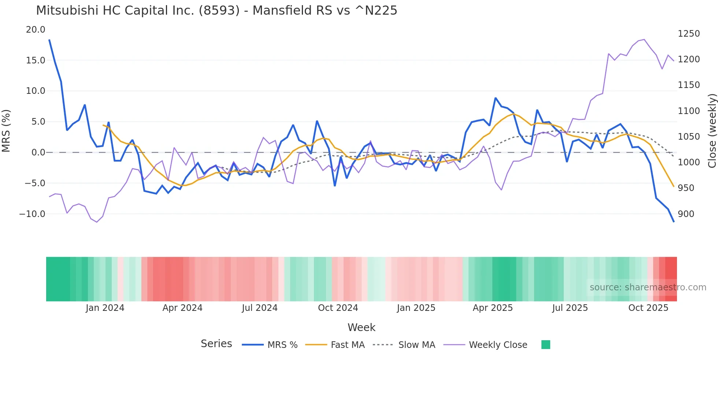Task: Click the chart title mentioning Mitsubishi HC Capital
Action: point(216,11)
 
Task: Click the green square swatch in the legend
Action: point(545,345)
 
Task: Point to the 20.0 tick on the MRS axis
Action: point(36,30)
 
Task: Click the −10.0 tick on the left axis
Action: point(32,214)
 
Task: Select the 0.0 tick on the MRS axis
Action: point(38,153)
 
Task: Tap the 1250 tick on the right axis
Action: point(689,34)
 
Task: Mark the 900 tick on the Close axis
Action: point(686,214)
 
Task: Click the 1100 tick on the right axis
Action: point(689,111)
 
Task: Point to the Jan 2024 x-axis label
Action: point(105,308)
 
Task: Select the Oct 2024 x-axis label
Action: point(338,308)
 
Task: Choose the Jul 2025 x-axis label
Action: point(570,308)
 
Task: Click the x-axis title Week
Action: point(361,327)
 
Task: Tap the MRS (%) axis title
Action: point(6,131)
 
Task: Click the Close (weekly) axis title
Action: point(712,131)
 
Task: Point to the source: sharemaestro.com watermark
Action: point(648,287)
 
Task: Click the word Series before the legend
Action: point(216,344)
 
